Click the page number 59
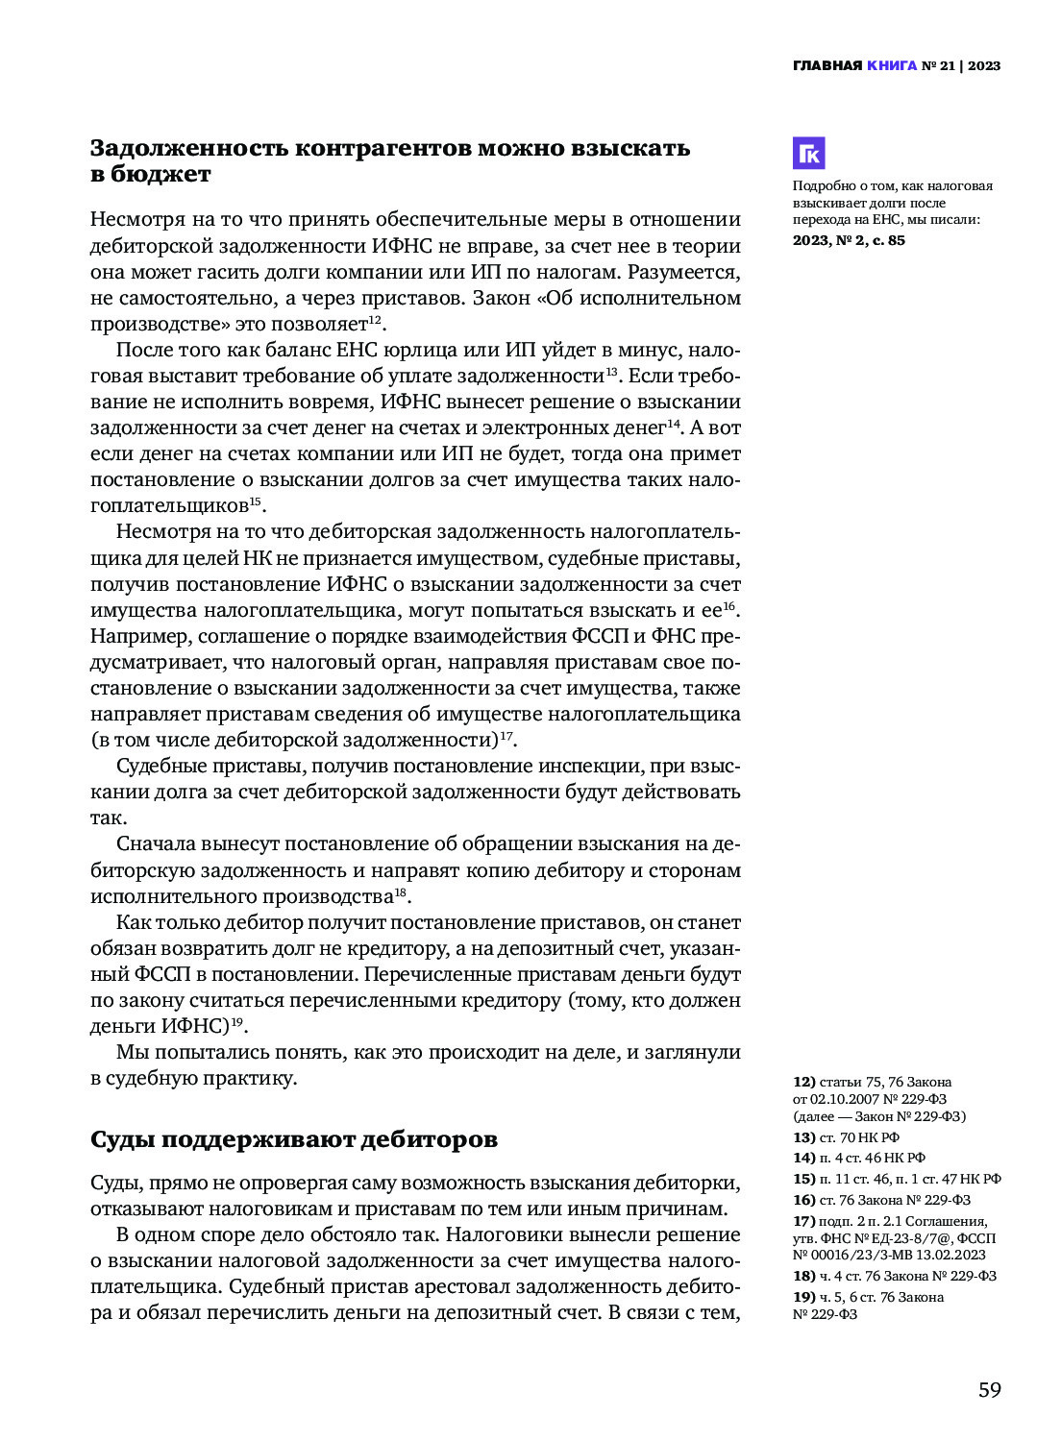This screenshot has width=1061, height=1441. coord(989,1390)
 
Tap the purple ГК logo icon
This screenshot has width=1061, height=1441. coord(808,154)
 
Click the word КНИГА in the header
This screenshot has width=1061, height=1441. coord(891,66)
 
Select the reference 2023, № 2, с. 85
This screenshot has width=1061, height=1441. coord(848,240)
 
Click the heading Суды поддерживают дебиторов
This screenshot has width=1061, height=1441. coord(294,1139)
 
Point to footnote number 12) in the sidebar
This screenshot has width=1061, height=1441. coord(803,1083)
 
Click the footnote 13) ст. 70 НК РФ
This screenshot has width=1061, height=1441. coord(846,1137)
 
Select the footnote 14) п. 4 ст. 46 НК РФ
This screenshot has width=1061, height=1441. coord(858,1158)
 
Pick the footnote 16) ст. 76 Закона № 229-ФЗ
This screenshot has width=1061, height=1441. coord(881,1200)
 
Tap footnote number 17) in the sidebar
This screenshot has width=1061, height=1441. coord(803,1221)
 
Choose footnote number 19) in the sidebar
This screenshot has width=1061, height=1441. coord(803,1297)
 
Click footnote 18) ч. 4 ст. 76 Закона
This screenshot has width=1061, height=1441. coord(894,1276)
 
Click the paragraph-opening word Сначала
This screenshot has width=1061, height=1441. coord(156,844)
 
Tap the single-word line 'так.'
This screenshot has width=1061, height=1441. coord(108,818)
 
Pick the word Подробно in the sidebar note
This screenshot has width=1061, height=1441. coord(820,186)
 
